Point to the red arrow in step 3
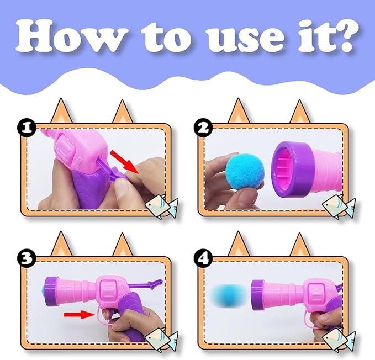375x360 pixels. [78, 315]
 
